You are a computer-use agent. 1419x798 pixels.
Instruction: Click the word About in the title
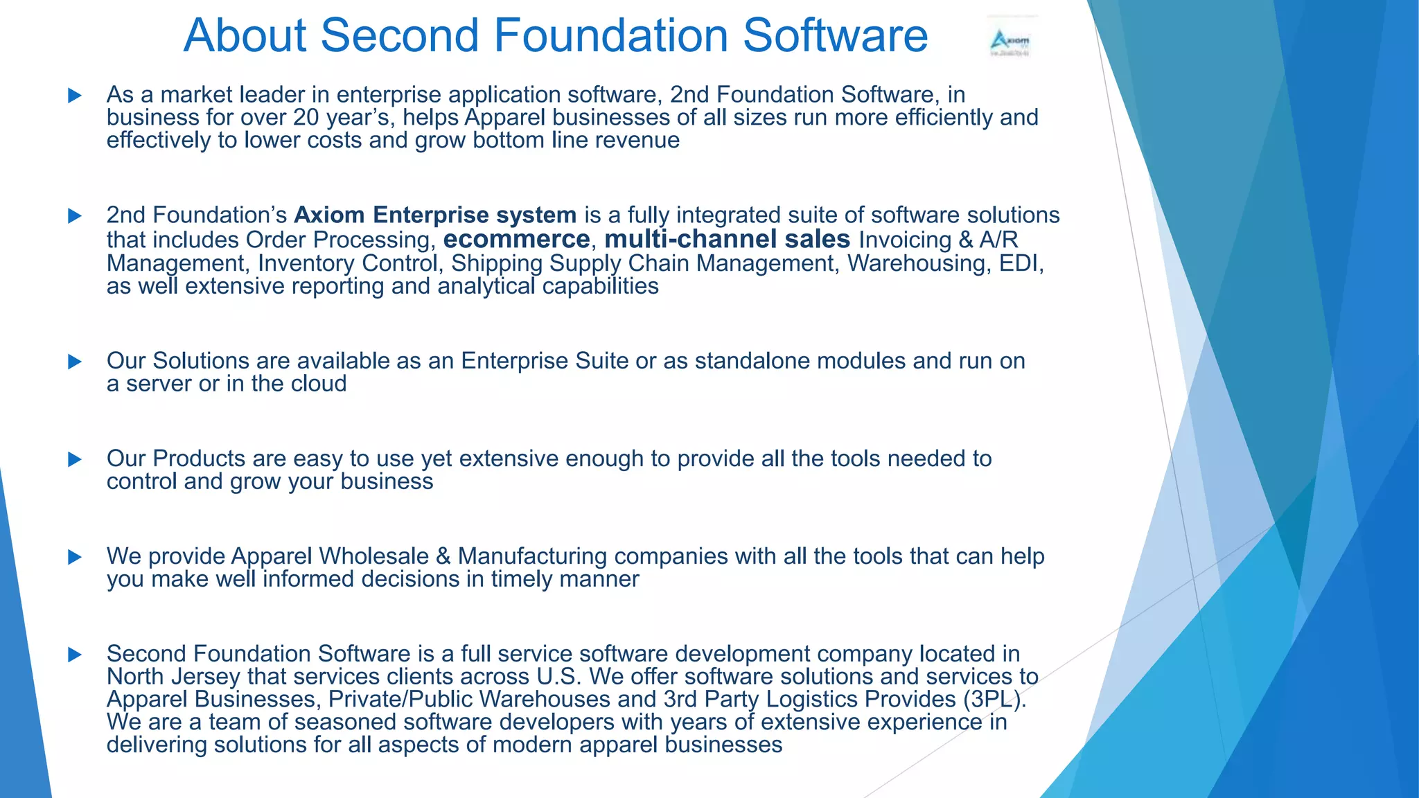tap(245, 35)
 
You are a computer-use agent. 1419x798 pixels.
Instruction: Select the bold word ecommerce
tap(516, 239)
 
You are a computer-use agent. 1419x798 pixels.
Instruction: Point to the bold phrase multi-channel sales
tap(727, 239)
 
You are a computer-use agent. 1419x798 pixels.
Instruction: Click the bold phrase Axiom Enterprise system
tap(435, 215)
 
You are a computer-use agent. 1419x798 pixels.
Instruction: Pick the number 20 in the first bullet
tap(306, 118)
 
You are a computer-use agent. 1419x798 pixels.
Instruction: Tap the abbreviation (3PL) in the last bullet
tap(991, 699)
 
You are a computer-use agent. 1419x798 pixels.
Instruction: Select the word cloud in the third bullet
tap(319, 384)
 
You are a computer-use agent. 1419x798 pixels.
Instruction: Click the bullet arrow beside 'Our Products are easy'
tap(75, 459)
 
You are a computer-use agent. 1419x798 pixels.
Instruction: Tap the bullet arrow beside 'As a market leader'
tap(75, 96)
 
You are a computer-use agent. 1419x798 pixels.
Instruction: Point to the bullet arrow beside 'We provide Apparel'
tap(75, 557)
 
